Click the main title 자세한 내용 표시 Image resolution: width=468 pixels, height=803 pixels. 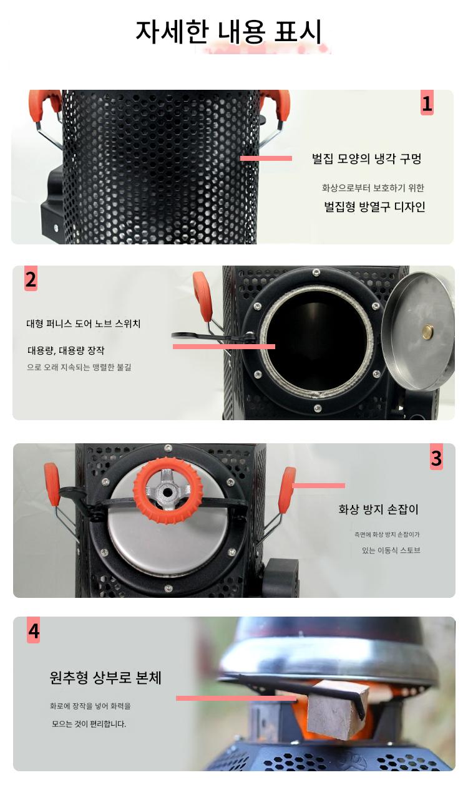tap(228, 32)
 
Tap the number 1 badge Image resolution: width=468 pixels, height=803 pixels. tap(427, 103)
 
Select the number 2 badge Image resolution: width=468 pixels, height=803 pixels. tap(31, 279)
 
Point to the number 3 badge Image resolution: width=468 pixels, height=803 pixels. tap(436, 458)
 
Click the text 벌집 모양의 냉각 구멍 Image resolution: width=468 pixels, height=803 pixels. tap(366, 158)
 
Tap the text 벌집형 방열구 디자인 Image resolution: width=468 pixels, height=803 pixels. tap(374, 206)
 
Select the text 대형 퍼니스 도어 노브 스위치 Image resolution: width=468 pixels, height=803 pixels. tap(83, 324)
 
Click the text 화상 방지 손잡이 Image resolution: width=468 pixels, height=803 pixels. tap(378, 509)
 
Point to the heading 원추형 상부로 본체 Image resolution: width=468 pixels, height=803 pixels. tap(105, 677)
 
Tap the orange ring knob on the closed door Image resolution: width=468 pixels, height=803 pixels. tap(168, 491)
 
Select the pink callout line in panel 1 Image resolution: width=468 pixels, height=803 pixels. tap(266, 158)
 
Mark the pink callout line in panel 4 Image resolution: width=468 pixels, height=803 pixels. tap(236, 698)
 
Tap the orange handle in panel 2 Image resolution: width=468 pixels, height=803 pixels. tap(203, 296)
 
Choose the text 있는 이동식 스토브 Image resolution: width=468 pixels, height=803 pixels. tap(391, 550)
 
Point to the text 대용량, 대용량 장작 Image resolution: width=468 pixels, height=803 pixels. tap(66, 350)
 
